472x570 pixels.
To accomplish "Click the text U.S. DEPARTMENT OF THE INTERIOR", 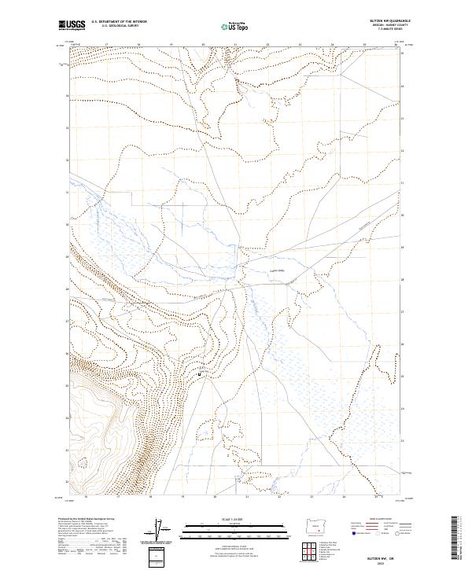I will coord(119,22).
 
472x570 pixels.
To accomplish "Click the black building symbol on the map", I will coord(199,374).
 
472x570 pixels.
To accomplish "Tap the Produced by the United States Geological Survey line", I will coord(87,520).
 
